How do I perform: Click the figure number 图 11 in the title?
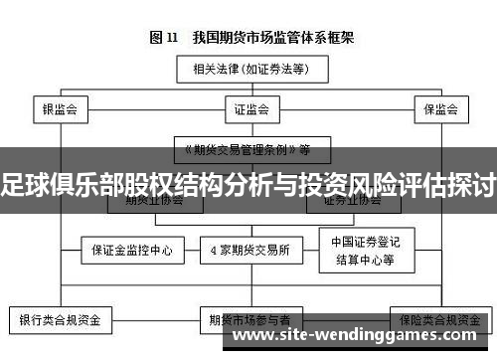163,38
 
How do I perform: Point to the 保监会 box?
439,108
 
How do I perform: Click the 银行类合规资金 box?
60,321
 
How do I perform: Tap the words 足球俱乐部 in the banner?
50,182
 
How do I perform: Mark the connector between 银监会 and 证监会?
150,108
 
